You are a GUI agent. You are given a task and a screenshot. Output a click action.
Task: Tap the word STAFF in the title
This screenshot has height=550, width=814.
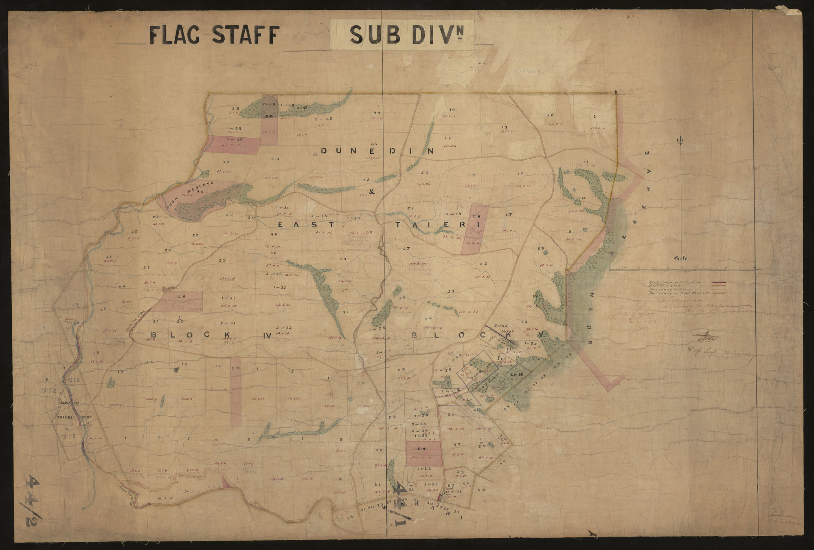point(246,35)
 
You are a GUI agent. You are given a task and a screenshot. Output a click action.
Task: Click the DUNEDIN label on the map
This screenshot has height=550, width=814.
point(377,151)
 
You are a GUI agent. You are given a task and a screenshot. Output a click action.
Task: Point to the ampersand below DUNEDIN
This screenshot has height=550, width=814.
point(371,192)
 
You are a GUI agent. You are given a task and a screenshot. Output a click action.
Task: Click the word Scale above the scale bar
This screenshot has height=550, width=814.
point(680,258)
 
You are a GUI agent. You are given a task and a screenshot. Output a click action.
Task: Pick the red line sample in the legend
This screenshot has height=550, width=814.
point(720,282)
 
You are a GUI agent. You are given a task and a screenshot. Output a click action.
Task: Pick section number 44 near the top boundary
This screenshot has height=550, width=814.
point(377,112)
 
